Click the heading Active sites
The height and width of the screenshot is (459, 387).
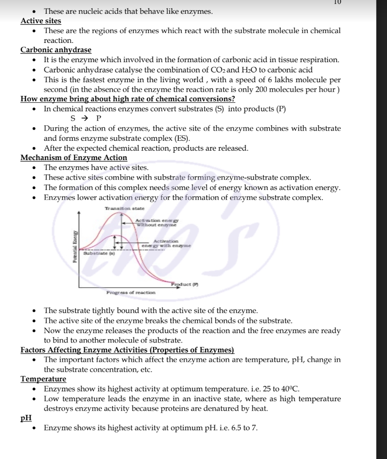tap(41, 21)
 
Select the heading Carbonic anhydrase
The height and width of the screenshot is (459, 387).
tap(56, 50)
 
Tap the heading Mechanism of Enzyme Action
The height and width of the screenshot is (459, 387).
tap(74, 158)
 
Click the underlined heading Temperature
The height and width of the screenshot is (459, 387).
tap(43, 379)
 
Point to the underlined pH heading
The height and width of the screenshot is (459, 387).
tap(26, 418)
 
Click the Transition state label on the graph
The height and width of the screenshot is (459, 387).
tap(124, 208)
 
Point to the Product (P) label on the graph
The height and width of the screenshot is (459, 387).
tap(185, 284)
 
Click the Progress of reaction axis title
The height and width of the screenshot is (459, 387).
tap(131, 293)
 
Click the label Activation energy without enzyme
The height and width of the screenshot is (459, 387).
tap(157, 223)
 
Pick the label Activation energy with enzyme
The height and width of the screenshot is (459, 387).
tap(166, 243)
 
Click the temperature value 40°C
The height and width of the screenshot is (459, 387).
tap(291, 389)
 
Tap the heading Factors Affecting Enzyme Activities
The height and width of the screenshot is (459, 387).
tap(127, 350)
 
